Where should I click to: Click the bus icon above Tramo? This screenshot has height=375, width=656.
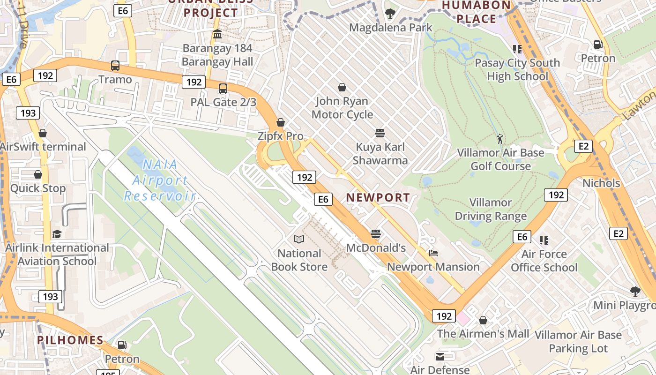115,66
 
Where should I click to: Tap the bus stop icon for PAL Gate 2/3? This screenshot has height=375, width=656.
223,88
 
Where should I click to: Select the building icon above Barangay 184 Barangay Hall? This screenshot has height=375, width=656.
217,34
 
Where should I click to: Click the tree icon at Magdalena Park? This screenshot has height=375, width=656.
390,14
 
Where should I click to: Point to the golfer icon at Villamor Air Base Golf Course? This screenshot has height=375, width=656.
500,139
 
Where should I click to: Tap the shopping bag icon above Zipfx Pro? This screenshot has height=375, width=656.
281,122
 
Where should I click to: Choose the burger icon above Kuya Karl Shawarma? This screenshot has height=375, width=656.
380,133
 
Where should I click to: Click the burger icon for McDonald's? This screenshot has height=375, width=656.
376,233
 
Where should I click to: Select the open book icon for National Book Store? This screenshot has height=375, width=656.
299,240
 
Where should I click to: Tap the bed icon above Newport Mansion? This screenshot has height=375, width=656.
433,253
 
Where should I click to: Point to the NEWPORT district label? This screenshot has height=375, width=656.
378,197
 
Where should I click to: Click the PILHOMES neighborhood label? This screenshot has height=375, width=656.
70,340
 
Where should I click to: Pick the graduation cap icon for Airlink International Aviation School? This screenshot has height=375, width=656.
57,234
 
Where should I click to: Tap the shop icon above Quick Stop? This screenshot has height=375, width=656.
38,174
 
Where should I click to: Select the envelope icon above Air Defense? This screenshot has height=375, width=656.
440,357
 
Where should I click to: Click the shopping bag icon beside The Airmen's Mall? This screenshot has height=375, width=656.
483,320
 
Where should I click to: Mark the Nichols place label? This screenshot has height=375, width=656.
601,183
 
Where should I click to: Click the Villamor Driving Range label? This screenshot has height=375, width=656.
491,210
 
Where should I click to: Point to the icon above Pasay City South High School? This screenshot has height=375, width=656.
517,49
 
